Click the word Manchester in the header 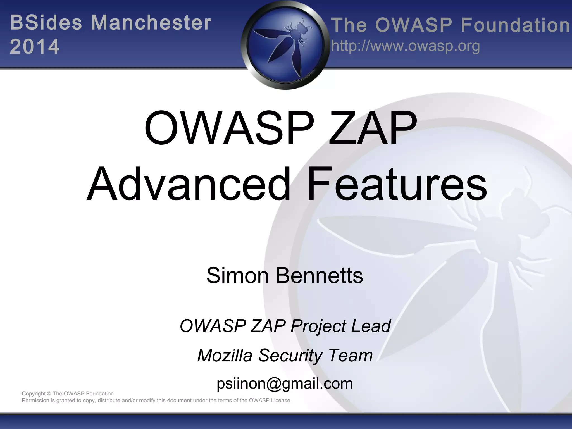[151, 23]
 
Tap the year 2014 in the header [35, 46]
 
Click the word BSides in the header [46, 23]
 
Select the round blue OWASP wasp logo [285, 45]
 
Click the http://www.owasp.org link [405, 46]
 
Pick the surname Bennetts [320, 275]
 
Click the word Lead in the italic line [371, 326]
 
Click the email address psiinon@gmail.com [285, 383]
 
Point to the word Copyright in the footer [34, 394]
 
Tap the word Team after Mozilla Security [350, 355]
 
